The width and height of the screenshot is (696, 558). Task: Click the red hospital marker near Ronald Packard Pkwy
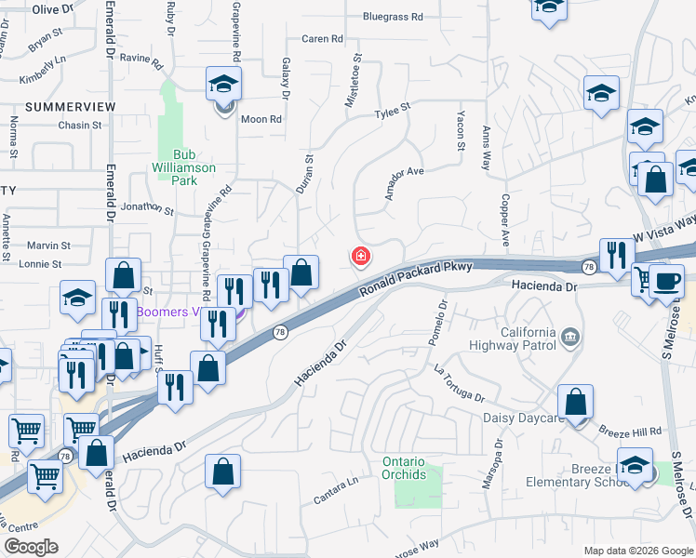tap(359, 257)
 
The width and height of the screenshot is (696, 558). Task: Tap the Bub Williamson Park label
tap(183, 167)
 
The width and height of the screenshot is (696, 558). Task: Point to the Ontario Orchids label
tap(404, 469)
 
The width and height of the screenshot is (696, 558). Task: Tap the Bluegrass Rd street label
tap(393, 17)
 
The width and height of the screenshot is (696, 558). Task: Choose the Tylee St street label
tap(392, 111)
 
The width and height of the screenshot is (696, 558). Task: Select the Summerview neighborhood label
tap(71, 107)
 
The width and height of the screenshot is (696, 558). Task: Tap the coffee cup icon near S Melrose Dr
tap(666, 282)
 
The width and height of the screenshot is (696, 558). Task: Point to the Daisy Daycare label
tap(524, 418)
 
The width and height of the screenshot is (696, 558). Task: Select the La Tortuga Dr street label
tap(459, 382)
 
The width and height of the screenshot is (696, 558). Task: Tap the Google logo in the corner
tap(31, 547)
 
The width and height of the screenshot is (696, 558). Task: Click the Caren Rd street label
tap(322, 39)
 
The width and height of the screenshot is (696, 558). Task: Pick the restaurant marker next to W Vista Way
tap(616, 256)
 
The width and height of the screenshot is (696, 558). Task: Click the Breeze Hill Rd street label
tap(630, 432)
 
